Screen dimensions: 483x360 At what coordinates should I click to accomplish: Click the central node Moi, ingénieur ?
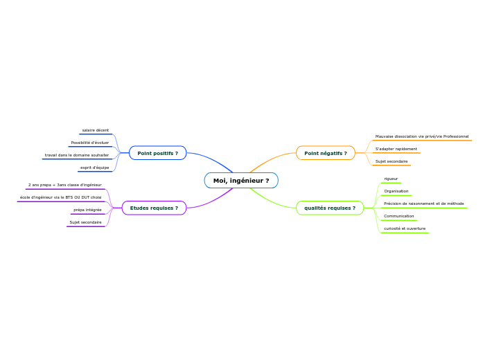(x=241, y=181)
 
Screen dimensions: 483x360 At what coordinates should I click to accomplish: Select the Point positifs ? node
(x=157, y=153)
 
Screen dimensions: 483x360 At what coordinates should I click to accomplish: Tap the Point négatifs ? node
(x=326, y=153)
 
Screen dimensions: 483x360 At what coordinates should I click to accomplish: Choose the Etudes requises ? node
(x=154, y=208)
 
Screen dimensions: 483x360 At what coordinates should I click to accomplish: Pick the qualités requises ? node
(x=330, y=208)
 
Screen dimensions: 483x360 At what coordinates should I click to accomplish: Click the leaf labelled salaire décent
(x=96, y=130)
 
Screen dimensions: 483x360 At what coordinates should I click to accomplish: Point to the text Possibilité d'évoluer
(x=90, y=143)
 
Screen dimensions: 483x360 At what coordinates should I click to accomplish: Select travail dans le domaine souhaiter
(x=77, y=155)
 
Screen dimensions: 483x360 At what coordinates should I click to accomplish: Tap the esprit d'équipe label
(x=95, y=168)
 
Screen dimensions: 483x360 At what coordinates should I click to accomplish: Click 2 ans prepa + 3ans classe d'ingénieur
(x=65, y=185)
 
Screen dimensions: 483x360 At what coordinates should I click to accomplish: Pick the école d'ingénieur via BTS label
(x=61, y=197)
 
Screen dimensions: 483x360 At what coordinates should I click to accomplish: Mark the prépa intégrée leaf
(x=88, y=210)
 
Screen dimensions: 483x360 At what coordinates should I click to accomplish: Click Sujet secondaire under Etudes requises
(x=86, y=222)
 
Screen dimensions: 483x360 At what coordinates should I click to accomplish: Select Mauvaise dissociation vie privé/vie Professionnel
(x=422, y=136)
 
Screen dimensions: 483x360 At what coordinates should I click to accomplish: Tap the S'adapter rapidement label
(x=396, y=149)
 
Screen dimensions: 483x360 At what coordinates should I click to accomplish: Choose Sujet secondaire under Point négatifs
(x=392, y=161)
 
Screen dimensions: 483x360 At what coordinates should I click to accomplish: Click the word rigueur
(x=392, y=179)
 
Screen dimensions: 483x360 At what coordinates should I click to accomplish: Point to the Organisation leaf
(x=396, y=191)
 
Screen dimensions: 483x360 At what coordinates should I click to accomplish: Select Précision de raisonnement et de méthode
(x=424, y=204)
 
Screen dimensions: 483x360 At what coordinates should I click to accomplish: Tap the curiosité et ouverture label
(x=405, y=228)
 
